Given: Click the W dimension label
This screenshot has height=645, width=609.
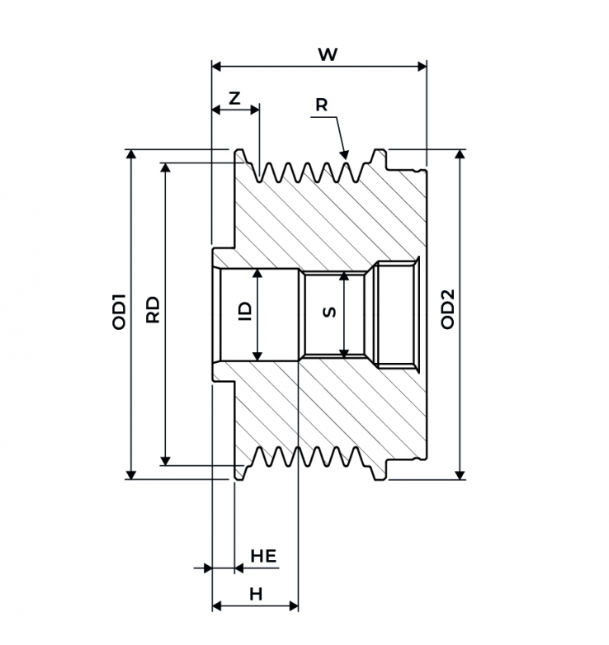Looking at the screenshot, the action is coord(328,54).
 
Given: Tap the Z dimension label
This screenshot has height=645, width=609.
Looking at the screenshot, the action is coord(234,99).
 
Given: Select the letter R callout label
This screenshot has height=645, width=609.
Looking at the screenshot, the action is coord(321,105).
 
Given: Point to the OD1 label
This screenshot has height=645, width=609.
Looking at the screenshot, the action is coord(119,312).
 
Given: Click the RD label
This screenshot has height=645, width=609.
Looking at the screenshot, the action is coord(153,309).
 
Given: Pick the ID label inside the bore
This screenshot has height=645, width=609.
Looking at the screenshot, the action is coord(245,312).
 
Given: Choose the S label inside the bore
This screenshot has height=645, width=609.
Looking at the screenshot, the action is coord(329,313).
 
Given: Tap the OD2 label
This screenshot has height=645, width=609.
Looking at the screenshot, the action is coord(448,309).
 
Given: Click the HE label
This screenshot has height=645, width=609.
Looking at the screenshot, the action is coord(263,556).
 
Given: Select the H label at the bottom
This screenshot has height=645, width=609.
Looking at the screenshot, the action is coord(256,594).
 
